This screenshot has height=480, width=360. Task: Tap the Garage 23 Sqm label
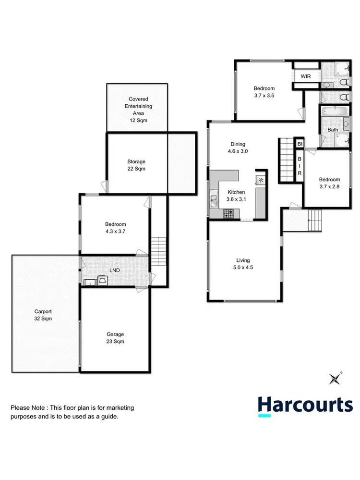tap(116, 338)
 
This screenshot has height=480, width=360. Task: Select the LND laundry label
tap(114, 271)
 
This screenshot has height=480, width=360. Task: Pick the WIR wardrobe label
tap(306, 76)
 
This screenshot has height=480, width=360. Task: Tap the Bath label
tap(333, 130)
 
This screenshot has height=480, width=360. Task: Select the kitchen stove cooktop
tap(228, 213)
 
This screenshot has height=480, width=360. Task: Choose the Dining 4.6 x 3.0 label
tap(238, 148)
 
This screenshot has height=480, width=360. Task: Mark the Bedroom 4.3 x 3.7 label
tap(115, 228)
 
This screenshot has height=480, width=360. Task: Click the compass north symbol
tap(334, 379)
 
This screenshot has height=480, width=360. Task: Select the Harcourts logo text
tap(305, 405)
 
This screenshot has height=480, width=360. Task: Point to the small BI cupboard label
tap(300, 144)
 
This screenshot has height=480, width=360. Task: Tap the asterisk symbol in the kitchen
tap(261, 180)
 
